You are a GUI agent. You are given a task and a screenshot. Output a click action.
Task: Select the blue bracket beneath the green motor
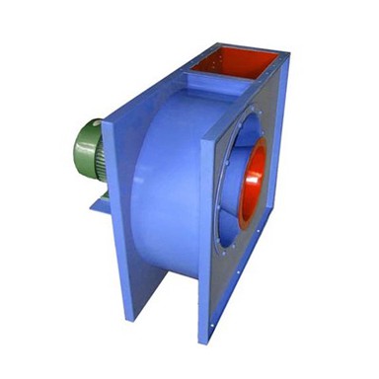click(100, 203)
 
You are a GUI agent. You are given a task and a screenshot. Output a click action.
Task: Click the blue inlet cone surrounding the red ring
click(237, 188)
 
